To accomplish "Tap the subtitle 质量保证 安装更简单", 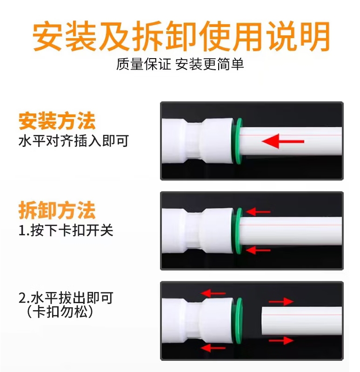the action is click(180, 64).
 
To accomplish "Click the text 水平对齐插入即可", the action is click(73, 141).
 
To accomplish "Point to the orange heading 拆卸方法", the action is click(57, 210).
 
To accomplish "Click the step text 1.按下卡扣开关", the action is click(66, 230).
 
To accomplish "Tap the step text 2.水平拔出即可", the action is click(66, 298).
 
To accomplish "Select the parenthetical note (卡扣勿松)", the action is click(60, 312).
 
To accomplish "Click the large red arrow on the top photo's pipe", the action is click(283, 141).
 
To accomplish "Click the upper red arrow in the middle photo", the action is click(258, 212).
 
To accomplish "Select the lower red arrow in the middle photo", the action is click(258, 250).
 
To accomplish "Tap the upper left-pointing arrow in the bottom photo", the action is click(213, 293).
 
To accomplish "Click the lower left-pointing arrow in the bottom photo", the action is click(213, 348).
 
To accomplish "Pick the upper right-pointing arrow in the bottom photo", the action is click(281, 302).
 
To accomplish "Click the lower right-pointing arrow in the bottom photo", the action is click(281, 341).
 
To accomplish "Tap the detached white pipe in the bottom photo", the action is click(301, 321).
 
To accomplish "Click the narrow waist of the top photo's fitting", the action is click(194, 141).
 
